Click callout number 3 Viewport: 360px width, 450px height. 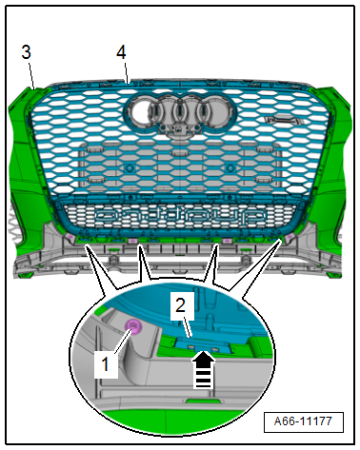(26, 52)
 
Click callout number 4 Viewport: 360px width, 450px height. (121, 52)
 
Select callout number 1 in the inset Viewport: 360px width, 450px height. (106, 363)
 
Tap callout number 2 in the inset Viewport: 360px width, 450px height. (180, 305)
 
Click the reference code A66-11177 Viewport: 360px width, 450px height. (303, 421)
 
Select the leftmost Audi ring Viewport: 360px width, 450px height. (139, 111)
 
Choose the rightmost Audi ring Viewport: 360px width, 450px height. (218, 111)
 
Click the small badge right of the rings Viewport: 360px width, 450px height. (281, 120)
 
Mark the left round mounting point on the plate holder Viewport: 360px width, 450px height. (130, 167)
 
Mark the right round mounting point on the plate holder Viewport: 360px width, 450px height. (230, 167)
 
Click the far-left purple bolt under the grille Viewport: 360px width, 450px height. (70, 237)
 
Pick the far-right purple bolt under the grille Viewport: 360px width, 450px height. (290, 237)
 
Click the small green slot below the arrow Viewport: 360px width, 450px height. (200, 401)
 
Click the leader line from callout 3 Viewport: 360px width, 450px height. (31, 75)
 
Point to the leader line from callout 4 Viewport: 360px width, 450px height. (126, 73)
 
